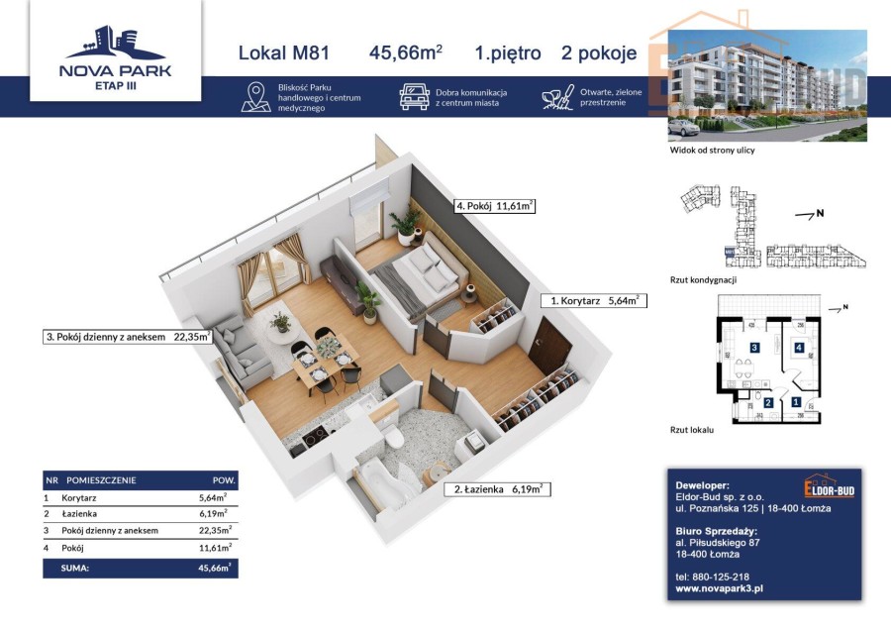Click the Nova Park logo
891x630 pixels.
point(116,53)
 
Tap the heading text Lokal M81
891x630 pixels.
point(283,53)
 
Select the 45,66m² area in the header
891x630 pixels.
point(405,53)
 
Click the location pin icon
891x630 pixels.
point(256,97)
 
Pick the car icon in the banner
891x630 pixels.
point(414,97)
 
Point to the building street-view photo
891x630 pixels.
point(766,85)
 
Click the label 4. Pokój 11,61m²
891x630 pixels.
point(495,207)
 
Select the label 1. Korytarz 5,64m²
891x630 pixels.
point(595,299)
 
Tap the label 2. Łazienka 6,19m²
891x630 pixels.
point(500,488)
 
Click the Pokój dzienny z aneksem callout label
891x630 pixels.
point(128,337)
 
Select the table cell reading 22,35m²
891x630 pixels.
point(212,530)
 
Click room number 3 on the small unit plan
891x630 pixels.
point(753,348)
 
